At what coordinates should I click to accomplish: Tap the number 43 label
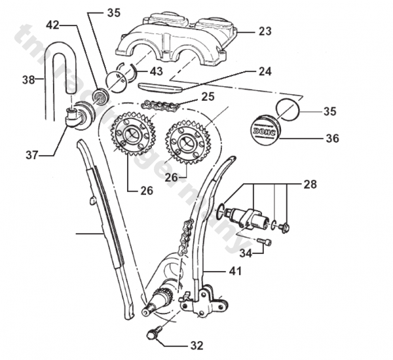157,70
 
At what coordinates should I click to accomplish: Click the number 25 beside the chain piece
208,96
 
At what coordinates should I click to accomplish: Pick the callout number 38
28,81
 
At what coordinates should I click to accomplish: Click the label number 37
31,155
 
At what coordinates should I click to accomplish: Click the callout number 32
196,344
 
